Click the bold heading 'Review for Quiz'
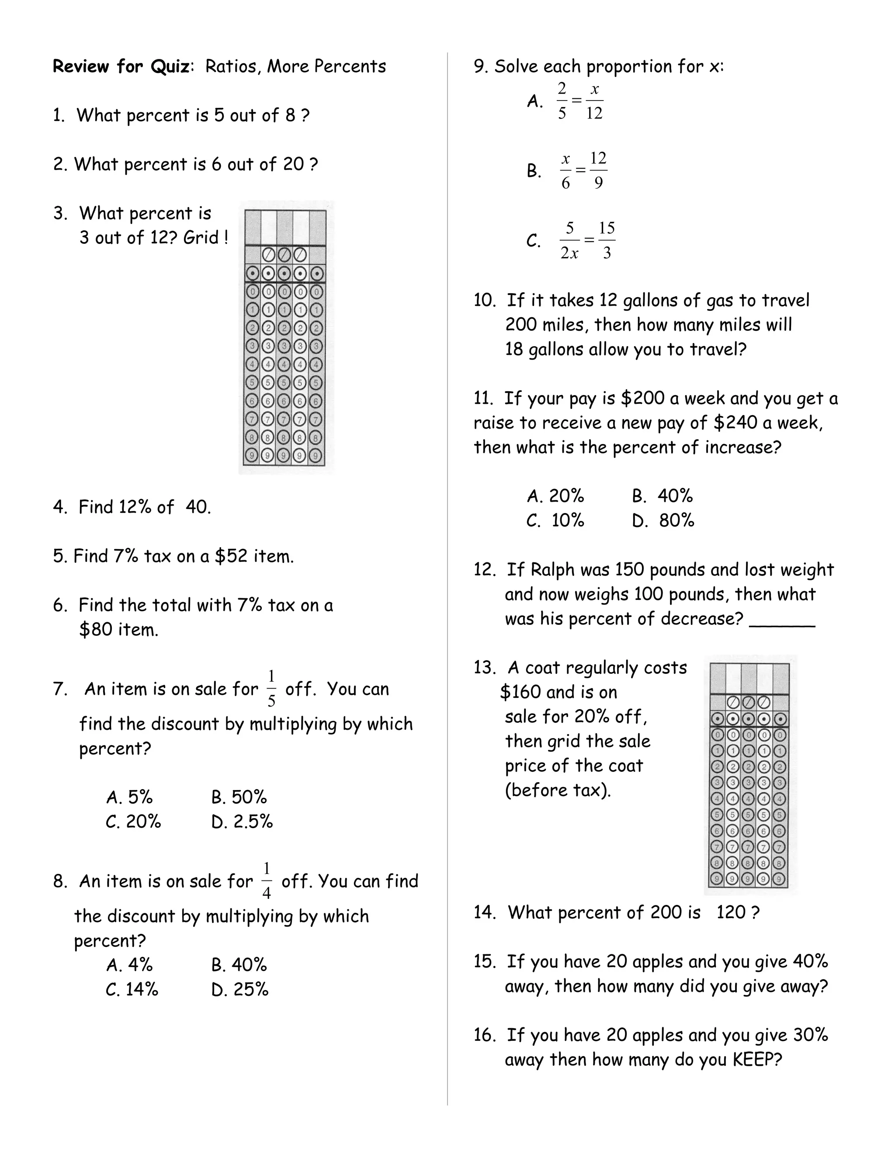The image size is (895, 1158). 121,67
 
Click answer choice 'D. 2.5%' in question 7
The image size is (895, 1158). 242,822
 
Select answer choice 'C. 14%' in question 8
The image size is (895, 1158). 132,989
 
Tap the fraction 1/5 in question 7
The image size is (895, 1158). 271,689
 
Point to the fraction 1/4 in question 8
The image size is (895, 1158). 266,881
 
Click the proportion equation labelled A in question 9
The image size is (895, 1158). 579,101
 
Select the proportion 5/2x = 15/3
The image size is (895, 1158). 587,241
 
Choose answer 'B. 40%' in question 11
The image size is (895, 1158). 662,496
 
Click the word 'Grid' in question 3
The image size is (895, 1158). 201,238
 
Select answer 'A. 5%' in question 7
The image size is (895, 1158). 129,797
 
